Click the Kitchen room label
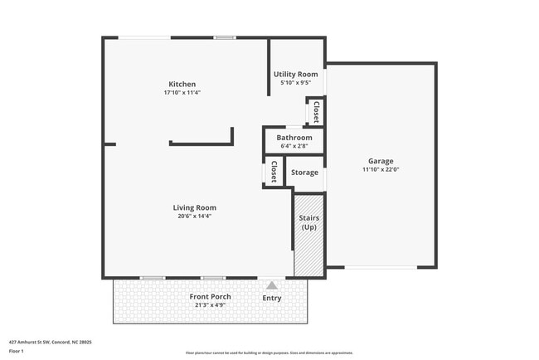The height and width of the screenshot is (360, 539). [x=182, y=84]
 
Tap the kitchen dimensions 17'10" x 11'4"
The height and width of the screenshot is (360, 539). [x=182, y=93]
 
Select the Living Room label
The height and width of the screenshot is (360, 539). [x=195, y=207]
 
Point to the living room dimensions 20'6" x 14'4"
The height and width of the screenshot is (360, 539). [x=195, y=216]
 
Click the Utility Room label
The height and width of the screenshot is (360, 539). [x=296, y=74]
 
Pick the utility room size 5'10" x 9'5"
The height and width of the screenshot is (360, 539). [x=296, y=83]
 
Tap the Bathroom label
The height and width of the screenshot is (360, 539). [x=294, y=137]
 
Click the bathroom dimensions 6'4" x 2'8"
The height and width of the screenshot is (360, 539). [x=294, y=146]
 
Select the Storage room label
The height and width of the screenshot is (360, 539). [x=304, y=173]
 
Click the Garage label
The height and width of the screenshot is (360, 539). [x=381, y=161]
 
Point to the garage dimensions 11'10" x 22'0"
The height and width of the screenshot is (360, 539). [x=381, y=170]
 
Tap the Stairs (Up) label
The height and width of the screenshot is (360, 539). [x=308, y=222]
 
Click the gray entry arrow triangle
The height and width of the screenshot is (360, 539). [x=271, y=285]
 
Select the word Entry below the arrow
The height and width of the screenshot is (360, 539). [x=271, y=298]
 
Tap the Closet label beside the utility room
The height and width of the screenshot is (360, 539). [x=316, y=110]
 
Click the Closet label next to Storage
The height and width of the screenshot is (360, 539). [x=274, y=172]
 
